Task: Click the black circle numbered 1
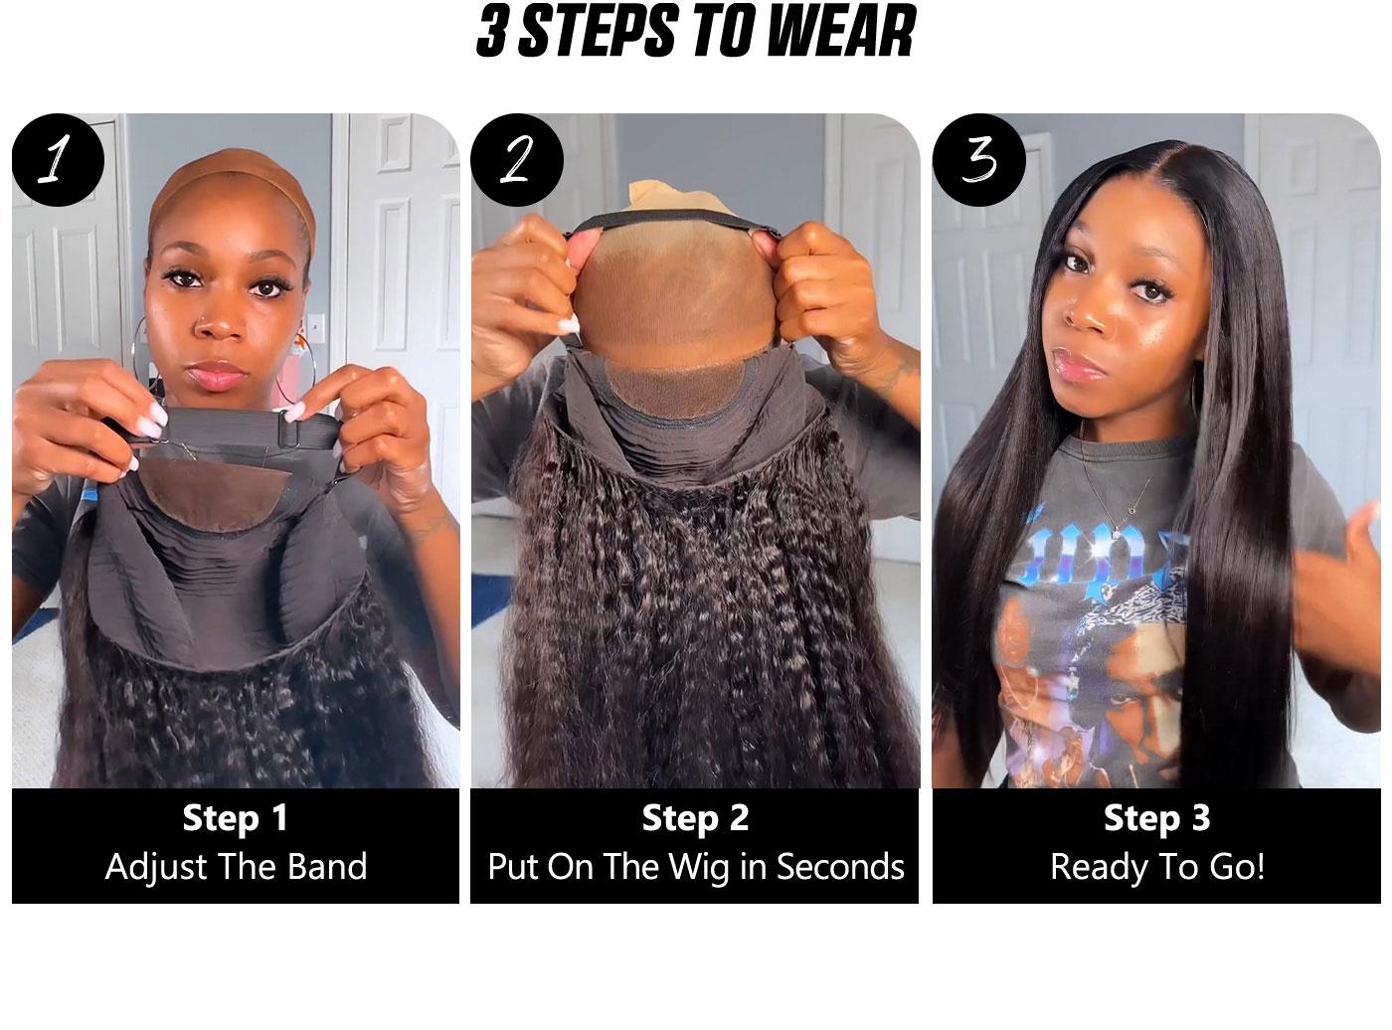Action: coord(58,160)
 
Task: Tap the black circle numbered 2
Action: coord(517,160)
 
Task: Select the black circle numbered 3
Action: coord(978,160)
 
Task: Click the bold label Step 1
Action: coord(236,818)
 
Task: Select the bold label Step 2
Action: coord(695,818)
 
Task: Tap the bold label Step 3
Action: coord(1156,818)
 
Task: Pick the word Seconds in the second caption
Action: coord(840,867)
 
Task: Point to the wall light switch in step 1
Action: coord(316,325)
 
